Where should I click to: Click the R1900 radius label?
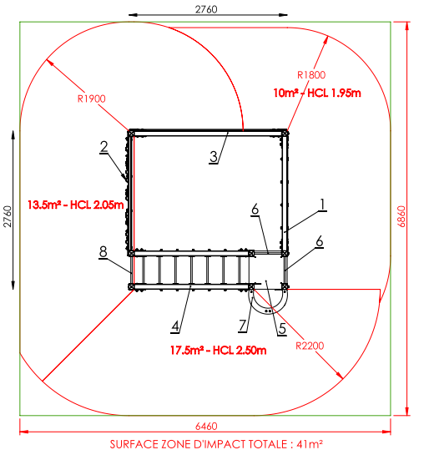pyautogui.click(x=91, y=99)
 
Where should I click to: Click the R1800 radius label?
pyautogui.click(x=311, y=75)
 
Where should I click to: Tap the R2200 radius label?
pyautogui.click(x=310, y=346)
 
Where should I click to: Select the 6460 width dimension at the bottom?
pyautogui.click(x=206, y=426)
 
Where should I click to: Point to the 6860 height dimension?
pyautogui.click(x=401, y=216)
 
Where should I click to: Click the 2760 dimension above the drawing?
pyautogui.click(x=206, y=9)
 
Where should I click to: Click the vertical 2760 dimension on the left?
pyautogui.click(x=8, y=216)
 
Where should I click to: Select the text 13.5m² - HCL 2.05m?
pyautogui.click(x=75, y=205)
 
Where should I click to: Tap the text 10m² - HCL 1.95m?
pyautogui.click(x=317, y=93)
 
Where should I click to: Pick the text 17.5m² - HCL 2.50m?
pyautogui.click(x=218, y=351)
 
